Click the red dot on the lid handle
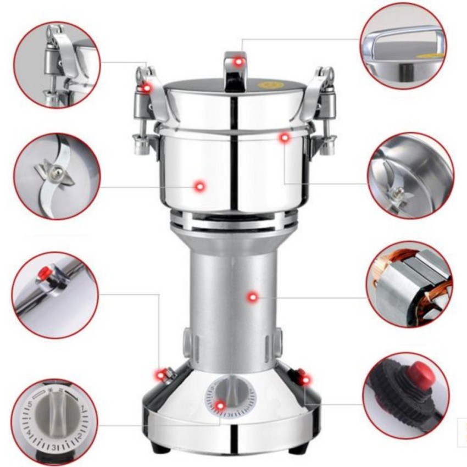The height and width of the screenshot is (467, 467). (x=238, y=62)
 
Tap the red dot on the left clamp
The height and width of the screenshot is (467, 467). (x=146, y=87)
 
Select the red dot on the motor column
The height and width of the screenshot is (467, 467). (x=252, y=297)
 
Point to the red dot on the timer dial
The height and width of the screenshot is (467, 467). (x=220, y=405)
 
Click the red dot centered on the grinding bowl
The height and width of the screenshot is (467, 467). (x=199, y=187)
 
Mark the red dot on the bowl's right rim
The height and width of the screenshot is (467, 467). (x=283, y=138)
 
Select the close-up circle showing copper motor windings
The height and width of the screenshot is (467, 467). (x=409, y=284)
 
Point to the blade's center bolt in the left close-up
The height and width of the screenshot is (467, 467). (x=55, y=174)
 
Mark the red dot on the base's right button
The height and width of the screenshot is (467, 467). (x=303, y=378)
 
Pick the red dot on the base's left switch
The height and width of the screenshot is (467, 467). (x=160, y=375)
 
